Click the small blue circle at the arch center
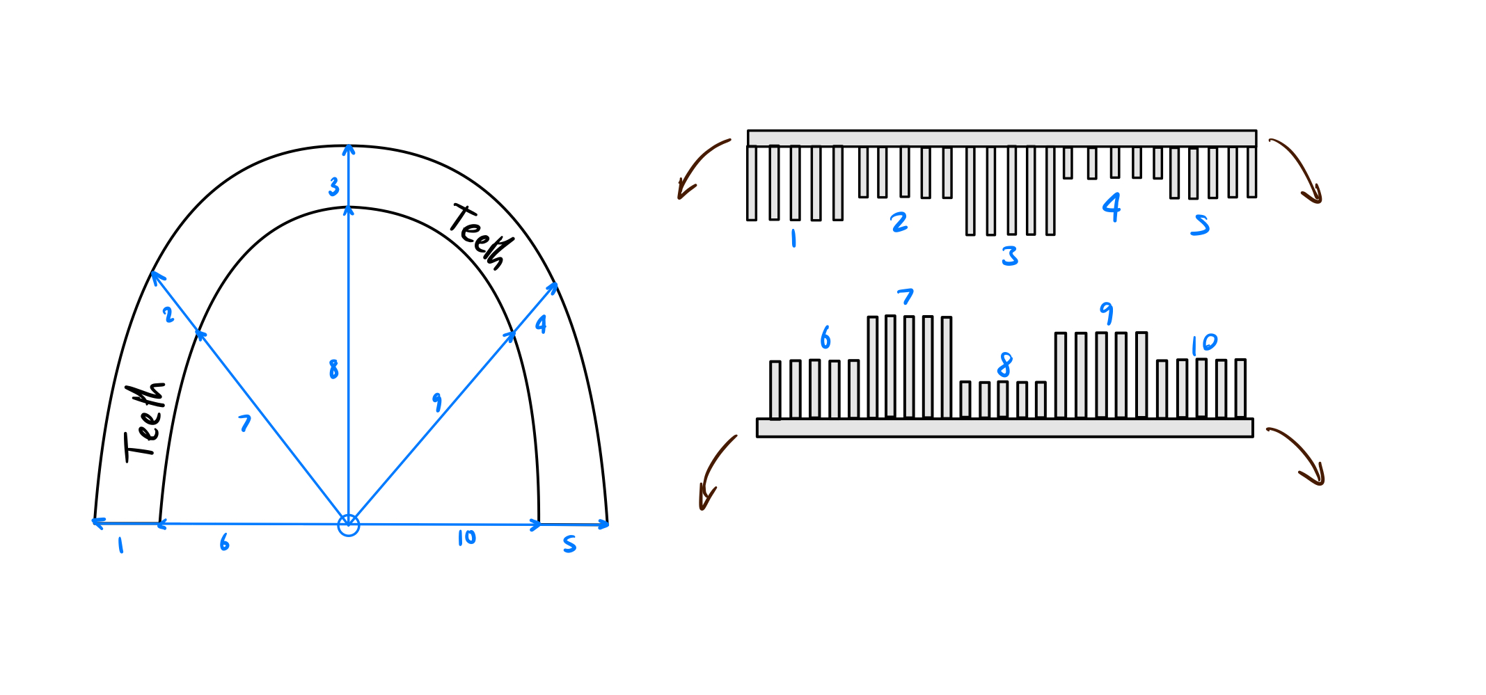point(349,525)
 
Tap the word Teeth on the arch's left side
point(145,422)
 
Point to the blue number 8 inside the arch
point(334,369)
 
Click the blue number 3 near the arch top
point(334,186)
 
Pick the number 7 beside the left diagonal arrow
point(244,423)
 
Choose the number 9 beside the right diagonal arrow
point(437,401)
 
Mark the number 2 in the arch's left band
point(168,314)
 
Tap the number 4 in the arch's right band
point(541,324)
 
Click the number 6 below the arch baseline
point(224,543)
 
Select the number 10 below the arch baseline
point(466,538)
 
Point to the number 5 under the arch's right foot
point(569,544)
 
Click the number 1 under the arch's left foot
point(121,545)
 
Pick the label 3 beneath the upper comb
point(1010,256)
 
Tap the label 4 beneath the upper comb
point(1112,207)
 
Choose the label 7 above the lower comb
point(905,297)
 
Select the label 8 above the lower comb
point(1004,365)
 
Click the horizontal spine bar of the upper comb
point(1002,138)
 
